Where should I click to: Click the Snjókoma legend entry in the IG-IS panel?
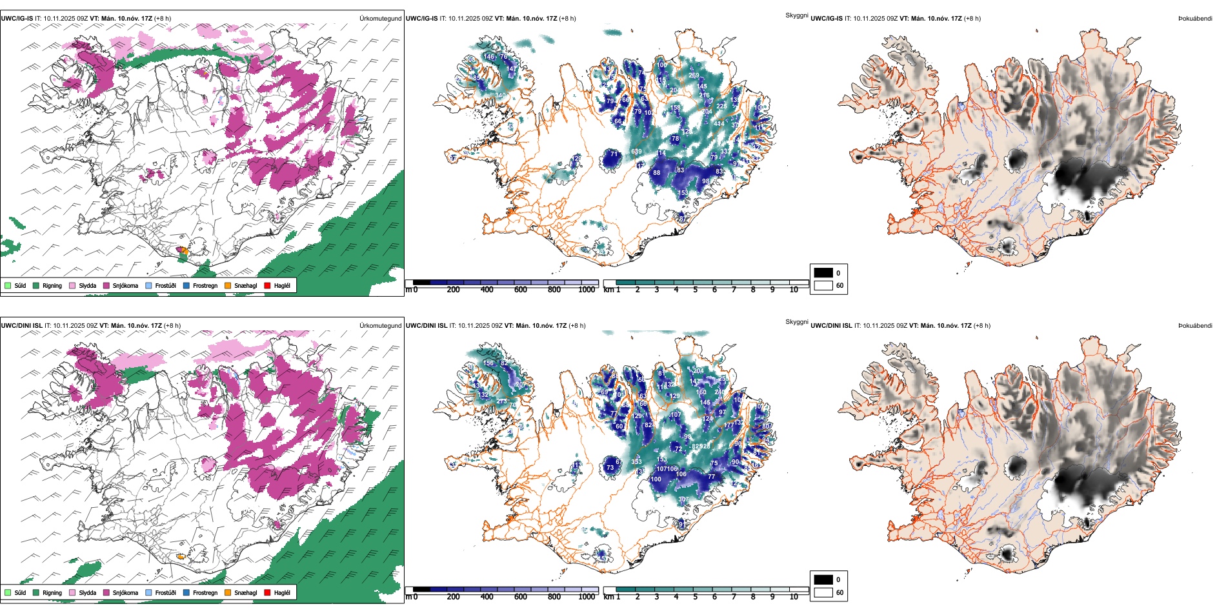point(125,285)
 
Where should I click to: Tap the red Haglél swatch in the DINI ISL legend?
point(267,592)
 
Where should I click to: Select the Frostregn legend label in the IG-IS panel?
point(205,285)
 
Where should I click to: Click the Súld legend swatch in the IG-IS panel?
point(8,285)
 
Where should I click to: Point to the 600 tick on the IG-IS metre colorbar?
point(520,290)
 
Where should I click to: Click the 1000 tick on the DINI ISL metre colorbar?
point(587,597)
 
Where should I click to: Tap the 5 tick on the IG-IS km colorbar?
point(695,290)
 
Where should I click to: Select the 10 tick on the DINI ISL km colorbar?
point(794,597)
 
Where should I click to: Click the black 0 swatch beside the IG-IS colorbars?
point(823,273)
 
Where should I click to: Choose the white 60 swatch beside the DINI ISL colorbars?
point(823,592)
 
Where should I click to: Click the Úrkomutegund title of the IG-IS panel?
point(380,19)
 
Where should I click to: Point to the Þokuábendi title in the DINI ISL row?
point(1195,326)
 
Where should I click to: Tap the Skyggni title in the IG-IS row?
point(796,15)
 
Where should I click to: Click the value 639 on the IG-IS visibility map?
point(636,152)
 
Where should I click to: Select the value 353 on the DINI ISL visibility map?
point(636,461)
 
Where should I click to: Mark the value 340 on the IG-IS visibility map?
point(500,95)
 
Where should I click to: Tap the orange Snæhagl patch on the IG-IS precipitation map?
point(183,250)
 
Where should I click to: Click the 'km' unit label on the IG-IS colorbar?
point(608,290)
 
